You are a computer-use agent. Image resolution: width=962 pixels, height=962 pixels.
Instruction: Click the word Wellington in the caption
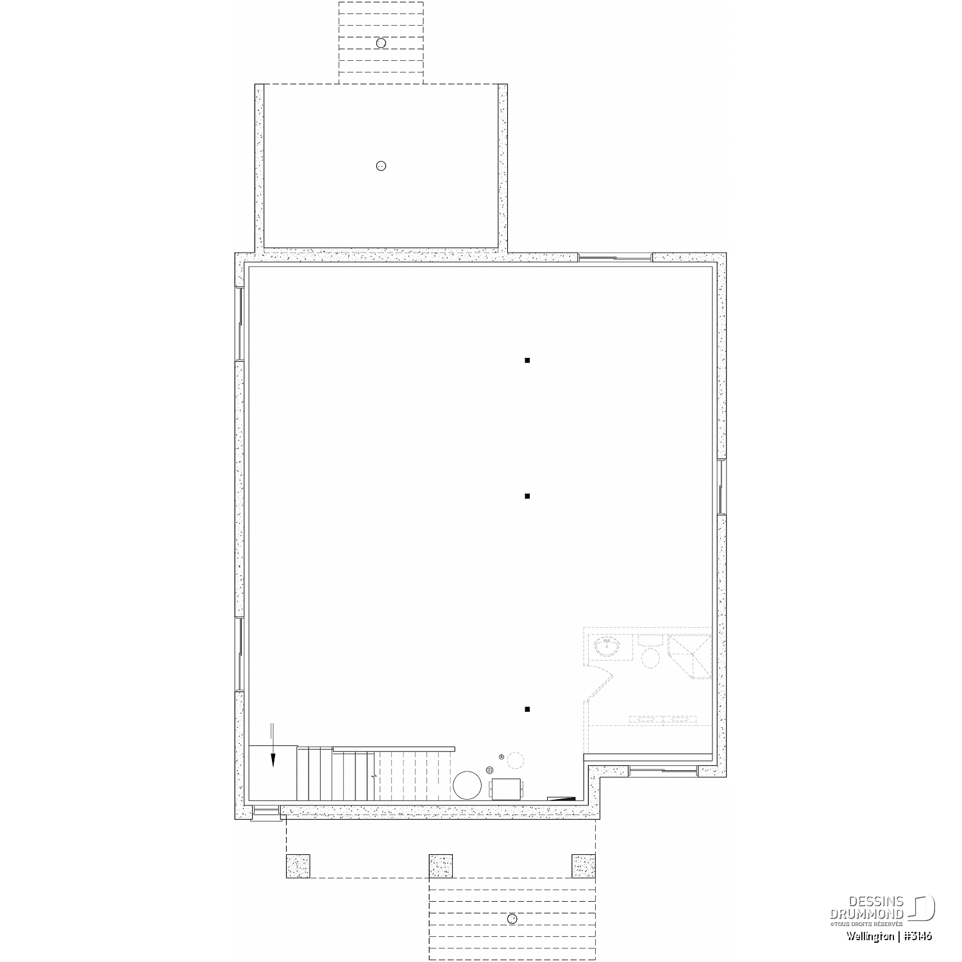click(869, 936)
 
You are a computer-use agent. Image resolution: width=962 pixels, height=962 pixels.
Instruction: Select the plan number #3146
click(918, 936)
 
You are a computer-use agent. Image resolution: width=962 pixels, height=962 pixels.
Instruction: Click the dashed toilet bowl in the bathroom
click(651, 658)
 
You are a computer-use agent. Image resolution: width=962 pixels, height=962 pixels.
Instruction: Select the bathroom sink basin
click(604, 648)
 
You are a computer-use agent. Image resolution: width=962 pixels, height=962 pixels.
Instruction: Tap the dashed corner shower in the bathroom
click(689, 655)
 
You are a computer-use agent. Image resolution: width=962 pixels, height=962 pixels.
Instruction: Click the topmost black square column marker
click(527, 360)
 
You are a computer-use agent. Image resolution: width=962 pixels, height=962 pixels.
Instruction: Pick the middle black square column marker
click(527, 496)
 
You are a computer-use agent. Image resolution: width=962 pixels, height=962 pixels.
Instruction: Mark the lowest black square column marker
click(527, 709)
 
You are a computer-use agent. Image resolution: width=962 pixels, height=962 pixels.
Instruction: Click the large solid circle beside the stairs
click(468, 785)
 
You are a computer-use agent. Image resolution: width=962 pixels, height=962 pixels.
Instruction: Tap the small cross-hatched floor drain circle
click(490, 770)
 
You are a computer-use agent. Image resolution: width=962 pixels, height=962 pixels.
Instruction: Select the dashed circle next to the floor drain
click(516, 761)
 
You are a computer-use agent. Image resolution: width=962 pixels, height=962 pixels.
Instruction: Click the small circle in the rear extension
click(381, 166)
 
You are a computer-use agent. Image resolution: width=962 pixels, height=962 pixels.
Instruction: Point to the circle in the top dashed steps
click(381, 43)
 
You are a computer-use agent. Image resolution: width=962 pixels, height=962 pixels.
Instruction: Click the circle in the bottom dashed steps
click(512, 919)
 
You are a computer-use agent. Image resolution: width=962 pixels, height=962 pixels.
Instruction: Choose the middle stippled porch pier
click(441, 866)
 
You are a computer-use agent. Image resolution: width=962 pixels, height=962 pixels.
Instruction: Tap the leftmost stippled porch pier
click(298, 866)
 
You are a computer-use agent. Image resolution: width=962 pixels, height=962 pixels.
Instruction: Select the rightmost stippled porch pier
click(584, 866)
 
